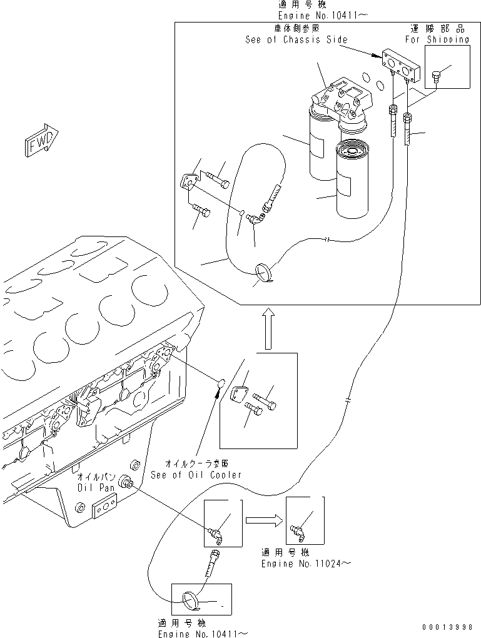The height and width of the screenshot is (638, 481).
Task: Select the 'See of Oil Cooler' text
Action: (x=195, y=475)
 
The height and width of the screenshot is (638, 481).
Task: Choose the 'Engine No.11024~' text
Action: (x=305, y=564)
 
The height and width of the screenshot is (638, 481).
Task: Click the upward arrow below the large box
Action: (x=267, y=328)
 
